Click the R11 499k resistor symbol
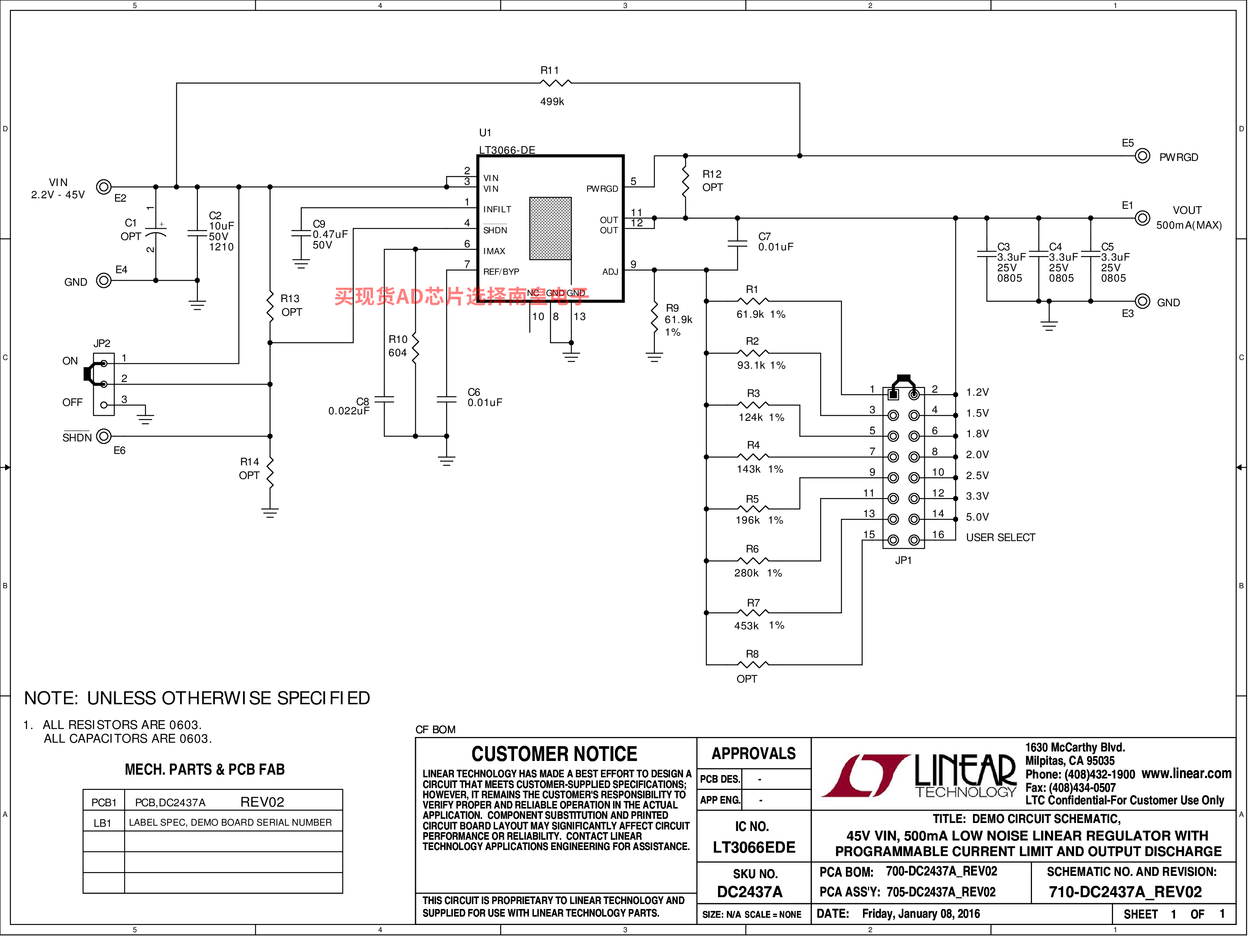[556, 83]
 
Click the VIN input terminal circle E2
[104, 186]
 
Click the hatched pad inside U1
[550, 228]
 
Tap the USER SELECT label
[1000, 538]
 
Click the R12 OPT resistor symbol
[685, 181]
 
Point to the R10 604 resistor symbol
[416, 348]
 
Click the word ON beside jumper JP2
[70, 361]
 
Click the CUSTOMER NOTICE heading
[554, 754]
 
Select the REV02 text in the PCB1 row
[262, 802]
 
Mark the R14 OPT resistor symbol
[270, 473]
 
